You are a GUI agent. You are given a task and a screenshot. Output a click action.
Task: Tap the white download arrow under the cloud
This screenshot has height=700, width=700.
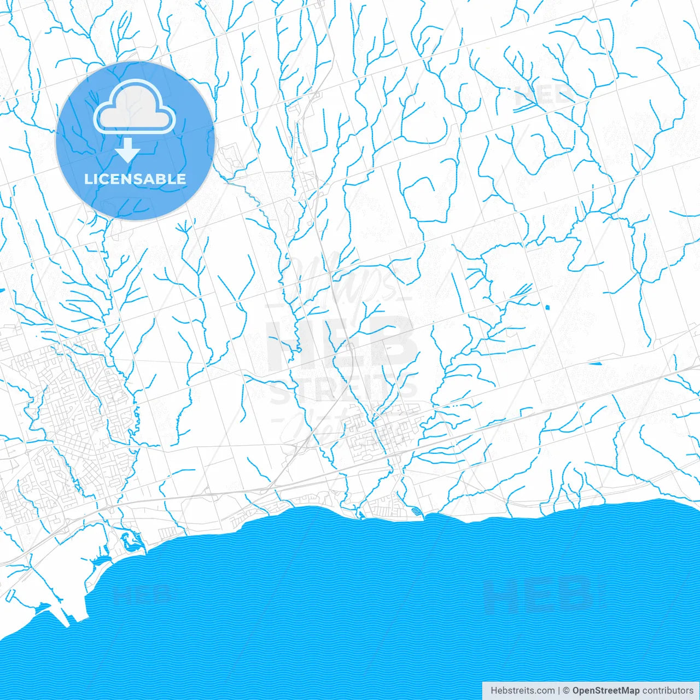[128, 150]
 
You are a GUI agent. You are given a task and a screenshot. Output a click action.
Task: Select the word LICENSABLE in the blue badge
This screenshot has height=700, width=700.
[135, 179]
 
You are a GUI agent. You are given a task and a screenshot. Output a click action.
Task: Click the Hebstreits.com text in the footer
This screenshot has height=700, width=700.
[522, 691]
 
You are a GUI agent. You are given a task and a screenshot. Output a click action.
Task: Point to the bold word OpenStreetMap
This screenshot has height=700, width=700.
[605, 691]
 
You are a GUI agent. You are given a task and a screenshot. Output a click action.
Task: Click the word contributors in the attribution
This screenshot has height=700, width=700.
[668, 691]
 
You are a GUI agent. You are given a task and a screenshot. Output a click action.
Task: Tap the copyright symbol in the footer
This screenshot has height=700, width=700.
[566, 691]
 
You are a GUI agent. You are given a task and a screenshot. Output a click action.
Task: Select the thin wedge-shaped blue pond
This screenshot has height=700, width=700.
[594, 362]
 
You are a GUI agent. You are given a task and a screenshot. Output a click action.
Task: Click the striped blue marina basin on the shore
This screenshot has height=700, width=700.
[417, 512]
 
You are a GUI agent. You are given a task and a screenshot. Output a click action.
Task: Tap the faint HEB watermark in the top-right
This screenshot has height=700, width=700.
[544, 96]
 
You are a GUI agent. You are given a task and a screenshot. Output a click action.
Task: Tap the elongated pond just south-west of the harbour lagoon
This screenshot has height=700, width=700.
[101, 561]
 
